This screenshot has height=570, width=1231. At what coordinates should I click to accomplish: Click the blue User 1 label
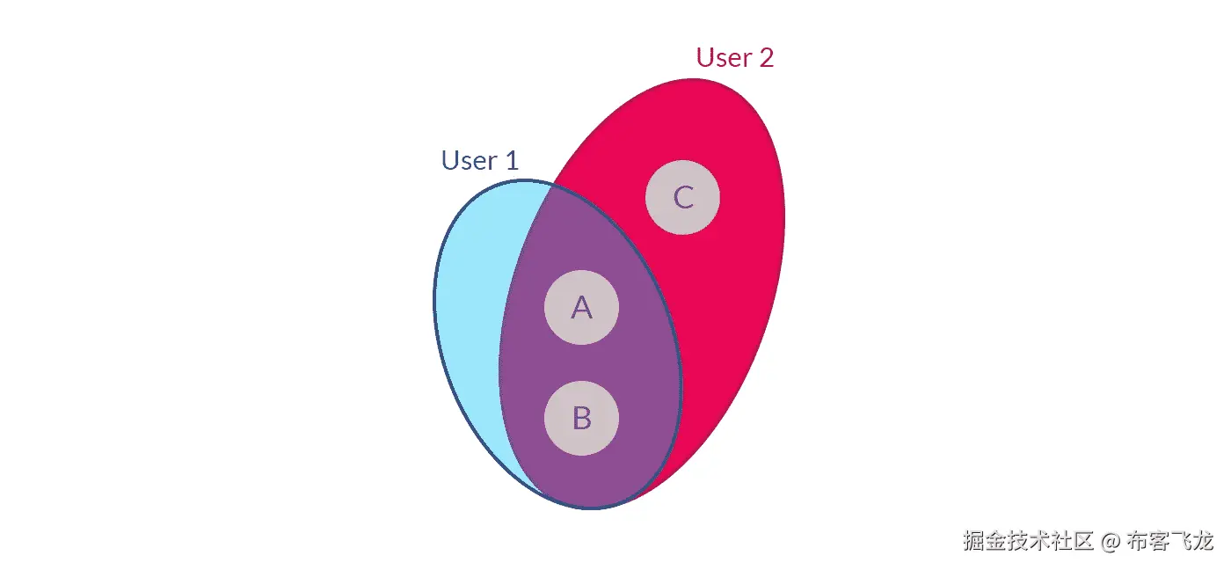(x=479, y=161)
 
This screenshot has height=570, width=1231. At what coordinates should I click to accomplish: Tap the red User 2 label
(x=734, y=58)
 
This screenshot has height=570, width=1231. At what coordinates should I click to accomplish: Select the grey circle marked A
(x=581, y=308)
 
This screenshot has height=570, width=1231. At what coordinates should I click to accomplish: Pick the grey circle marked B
(x=581, y=418)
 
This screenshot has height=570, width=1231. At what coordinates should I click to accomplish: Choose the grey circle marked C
(x=682, y=197)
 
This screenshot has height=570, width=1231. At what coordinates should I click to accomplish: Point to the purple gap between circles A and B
(x=581, y=362)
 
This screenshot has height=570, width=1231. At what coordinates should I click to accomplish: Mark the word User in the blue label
(x=465, y=161)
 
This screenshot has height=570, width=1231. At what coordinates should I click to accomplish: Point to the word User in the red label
(x=720, y=58)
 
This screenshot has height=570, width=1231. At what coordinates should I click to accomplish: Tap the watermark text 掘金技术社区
(x=1028, y=541)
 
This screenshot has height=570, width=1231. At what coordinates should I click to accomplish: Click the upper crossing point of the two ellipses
(x=551, y=184)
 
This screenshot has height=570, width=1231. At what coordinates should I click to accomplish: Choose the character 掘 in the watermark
(x=973, y=541)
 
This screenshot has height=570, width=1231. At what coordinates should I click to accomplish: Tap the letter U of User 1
(x=449, y=161)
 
